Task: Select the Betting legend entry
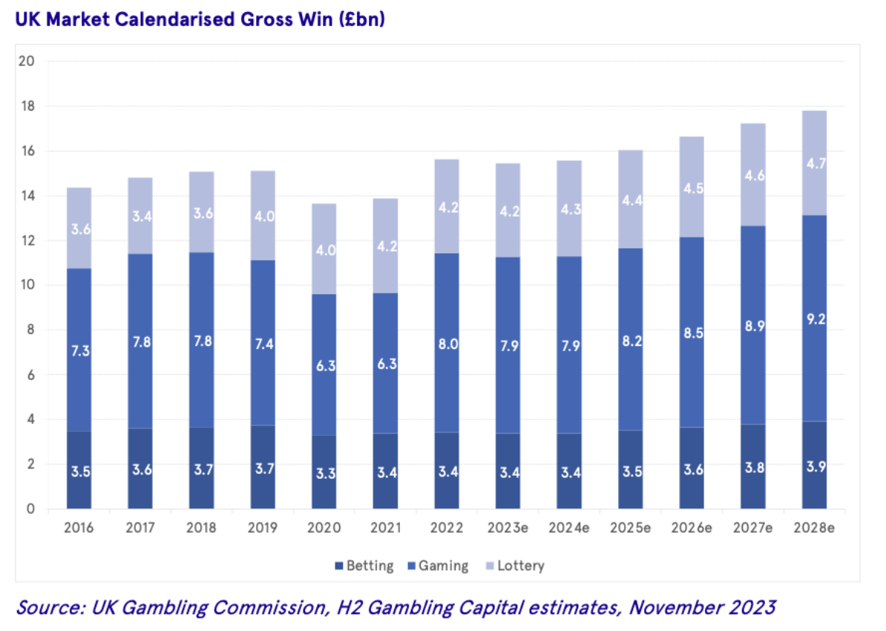pos(364,566)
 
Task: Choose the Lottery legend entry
pos(513,566)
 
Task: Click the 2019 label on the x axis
pos(263,528)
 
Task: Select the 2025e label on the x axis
pos(630,528)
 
